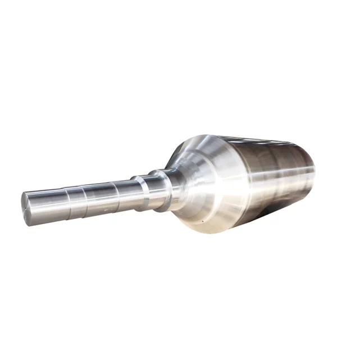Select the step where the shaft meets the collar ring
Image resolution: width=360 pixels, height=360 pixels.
135,189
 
